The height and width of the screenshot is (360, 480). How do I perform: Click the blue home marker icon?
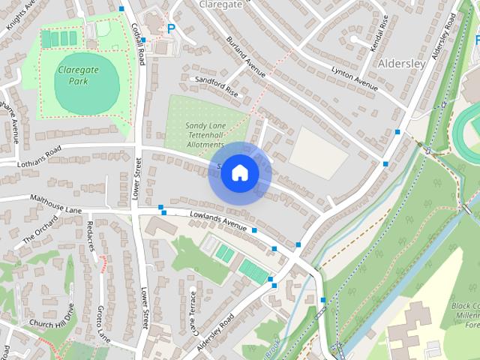(239, 173)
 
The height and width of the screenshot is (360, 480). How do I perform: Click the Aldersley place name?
(403, 64)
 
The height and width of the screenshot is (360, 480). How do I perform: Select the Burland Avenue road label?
(246, 57)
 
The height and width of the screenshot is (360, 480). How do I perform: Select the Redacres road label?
(91, 235)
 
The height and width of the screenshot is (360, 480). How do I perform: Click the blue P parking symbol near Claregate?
(171, 29)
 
